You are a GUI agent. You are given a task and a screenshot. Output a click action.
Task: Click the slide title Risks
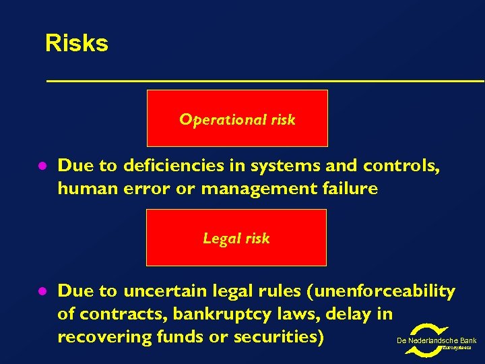[x=76, y=44]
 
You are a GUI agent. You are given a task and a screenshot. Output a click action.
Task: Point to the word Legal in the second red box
[x=218, y=239]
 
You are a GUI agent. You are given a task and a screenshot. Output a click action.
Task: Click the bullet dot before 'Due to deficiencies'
[x=40, y=166]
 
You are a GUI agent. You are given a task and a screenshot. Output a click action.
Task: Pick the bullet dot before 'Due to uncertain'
[x=40, y=291]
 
